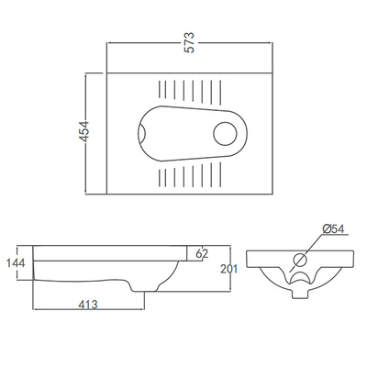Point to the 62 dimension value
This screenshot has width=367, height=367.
coord(202,252)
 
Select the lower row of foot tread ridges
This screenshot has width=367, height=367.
coord(190,172)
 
